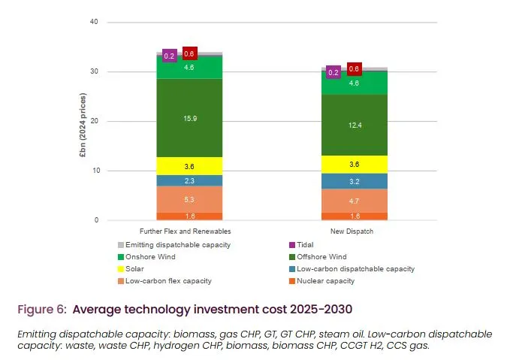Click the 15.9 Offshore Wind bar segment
(x=189, y=118)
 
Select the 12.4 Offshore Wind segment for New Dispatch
(x=355, y=124)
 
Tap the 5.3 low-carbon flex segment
(x=189, y=199)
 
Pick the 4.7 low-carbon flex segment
(x=355, y=201)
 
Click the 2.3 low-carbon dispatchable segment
(x=189, y=180)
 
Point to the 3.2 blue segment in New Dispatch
(x=355, y=181)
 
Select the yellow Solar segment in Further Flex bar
(x=189, y=166)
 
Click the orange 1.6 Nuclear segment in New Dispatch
(x=355, y=216)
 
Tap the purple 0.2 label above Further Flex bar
(x=170, y=56)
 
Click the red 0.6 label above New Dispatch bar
(x=355, y=69)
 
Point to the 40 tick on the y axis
(x=94, y=23)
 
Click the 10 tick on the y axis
(x=94, y=171)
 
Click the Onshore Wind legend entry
(x=149, y=256)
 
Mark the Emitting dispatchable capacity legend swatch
(x=120, y=244)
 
